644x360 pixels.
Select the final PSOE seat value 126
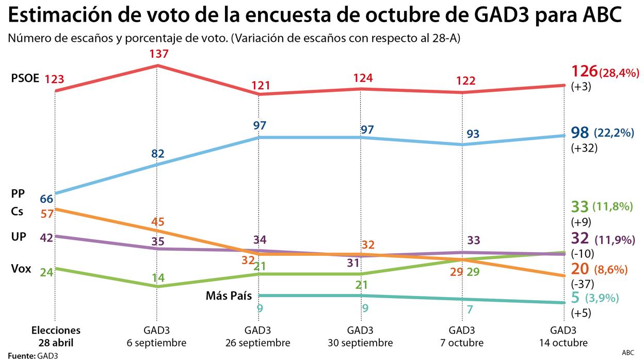(x=584, y=72)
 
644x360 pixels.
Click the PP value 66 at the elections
(x=47, y=199)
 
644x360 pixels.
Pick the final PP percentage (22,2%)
(x=614, y=133)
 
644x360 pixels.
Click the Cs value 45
(x=158, y=222)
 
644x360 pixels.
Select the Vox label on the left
(x=21, y=269)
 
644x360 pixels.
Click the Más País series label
(x=229, y=296)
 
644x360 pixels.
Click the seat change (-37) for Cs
(x=582, y=283)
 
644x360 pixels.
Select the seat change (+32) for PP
(x=583, y=148)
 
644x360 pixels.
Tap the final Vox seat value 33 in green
(x=580, y=207)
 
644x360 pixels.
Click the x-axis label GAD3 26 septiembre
(x=258, y=336)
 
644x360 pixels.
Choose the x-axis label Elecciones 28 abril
(x=56, y=336)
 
